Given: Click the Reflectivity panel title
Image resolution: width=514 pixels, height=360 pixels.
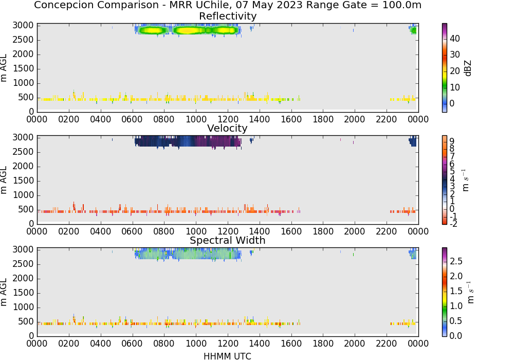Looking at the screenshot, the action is pyautogui.click(x=228, y=16).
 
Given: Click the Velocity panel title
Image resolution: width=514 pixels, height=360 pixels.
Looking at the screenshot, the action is pyautogui.click(x=227, y=128).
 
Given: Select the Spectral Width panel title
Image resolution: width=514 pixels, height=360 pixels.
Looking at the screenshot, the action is pyautogui.click(x=228, y=240).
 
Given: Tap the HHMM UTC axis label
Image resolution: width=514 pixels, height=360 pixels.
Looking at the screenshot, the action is pyautogui.click(x=227, y=356).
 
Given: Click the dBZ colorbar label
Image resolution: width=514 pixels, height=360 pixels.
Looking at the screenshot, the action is pyautogui.click(x=468, y=68).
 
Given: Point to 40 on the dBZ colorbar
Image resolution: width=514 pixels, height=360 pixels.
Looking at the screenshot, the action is pyautogui.click(x=455, y=39).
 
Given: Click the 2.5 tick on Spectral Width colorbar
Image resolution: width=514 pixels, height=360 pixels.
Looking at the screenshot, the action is pyautogui.click(x=456, y=261).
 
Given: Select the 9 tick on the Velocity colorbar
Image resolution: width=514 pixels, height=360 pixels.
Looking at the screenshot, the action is pyautogui.click(x=452, y=141).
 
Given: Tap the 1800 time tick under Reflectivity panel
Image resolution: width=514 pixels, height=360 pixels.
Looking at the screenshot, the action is pyautogui.click(x=323, y=119).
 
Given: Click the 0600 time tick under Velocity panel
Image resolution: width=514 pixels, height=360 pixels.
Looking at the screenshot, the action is pyautogui.click(x=132, y=231).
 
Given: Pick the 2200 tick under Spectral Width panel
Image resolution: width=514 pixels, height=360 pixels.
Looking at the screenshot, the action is pyautogui.click(x=386, y=344).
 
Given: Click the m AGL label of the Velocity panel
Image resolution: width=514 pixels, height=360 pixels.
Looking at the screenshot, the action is pyautogui.click(x=4, y=180).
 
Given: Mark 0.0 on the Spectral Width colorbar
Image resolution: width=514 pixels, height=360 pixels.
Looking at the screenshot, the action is pyautogui.click(x=456, y=336).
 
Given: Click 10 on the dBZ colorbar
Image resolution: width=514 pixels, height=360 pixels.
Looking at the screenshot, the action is pyautogui.click(x=455, y=87).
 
